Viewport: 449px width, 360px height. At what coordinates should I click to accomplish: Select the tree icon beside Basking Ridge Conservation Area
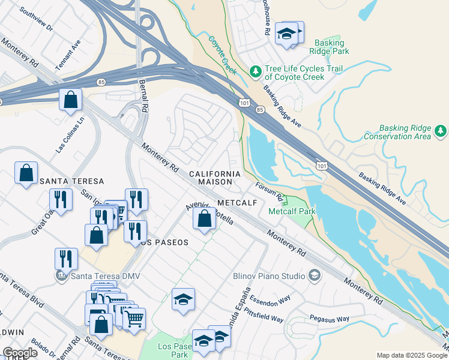coord(441,131)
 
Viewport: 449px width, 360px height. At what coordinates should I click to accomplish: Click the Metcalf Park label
coord(292,211)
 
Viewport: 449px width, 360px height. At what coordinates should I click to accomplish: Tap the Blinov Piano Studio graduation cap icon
coord(313,275)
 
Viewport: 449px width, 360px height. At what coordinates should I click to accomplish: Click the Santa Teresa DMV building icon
coord(60,275)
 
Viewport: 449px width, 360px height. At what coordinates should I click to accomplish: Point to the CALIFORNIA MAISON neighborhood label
coord(215,177)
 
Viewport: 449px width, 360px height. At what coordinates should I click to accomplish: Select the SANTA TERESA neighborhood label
coord(71,181)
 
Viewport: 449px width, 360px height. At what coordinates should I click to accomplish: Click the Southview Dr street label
coord(36,20)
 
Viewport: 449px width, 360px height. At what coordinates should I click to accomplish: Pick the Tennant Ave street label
coord(67,56)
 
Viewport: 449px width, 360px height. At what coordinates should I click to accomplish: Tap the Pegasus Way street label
coord(329,319)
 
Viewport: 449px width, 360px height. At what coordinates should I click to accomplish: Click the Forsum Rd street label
coord(270,191)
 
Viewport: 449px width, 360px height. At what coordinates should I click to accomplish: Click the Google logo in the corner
coord(20,353)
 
